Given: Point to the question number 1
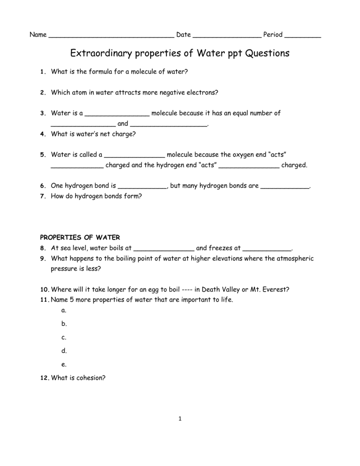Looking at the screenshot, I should click(41, 72).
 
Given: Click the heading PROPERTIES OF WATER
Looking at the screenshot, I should click(80, 238).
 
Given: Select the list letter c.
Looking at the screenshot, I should click(63, 338).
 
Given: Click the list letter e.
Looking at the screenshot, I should click(63, 365).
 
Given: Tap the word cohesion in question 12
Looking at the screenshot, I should click(90, 378).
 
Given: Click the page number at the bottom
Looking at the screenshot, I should click(180, 419).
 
